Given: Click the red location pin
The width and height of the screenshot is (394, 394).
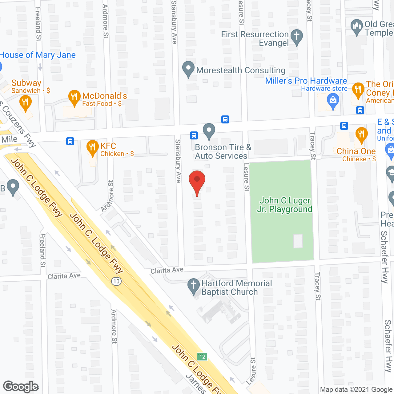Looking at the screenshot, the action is [197, 180].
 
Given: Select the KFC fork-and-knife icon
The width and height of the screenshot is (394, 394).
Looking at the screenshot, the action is [92, 147].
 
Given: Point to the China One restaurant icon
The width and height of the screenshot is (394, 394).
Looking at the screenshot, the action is [361, 134].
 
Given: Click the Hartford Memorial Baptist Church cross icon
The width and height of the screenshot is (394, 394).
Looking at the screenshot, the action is [194, 286].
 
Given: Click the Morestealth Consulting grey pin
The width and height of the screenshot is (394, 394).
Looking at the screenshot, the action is [188, 69].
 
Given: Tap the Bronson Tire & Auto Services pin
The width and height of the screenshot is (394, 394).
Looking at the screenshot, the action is [209, 131].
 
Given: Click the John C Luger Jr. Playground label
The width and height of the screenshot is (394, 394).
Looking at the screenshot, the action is [285, 205].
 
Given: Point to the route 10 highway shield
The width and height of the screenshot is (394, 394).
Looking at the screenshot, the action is [116, 281].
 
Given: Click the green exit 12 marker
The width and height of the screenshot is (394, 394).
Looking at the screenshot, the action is [202, 357].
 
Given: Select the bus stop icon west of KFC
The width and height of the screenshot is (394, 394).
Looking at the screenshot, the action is [70, 141].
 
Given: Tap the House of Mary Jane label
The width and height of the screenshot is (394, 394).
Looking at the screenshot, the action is [38, 55].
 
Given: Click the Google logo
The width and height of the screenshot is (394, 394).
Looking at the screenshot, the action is [21, 387].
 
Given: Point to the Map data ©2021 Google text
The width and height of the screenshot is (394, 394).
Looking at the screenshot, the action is [356, 390].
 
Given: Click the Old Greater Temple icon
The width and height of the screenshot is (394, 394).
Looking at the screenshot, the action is [357, 26].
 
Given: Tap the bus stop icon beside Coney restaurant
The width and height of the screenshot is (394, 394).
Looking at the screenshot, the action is [360, 110].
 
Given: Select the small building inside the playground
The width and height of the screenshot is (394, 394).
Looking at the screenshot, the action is [298, 241].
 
